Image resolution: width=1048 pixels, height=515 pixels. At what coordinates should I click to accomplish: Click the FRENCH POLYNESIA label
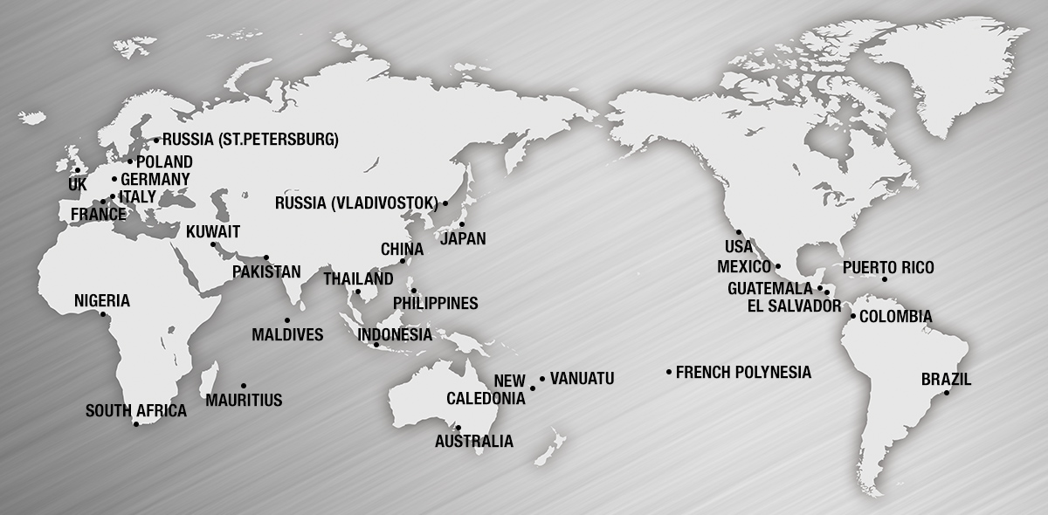pos(743,373)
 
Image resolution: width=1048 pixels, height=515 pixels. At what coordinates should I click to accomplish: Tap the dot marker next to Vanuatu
pos(542,379)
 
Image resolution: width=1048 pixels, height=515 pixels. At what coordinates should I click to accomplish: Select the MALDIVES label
pos(287,334)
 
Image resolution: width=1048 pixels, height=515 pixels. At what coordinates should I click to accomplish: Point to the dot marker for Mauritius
pos(244,385)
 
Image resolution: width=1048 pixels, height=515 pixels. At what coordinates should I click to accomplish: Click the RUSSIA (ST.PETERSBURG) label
pos(251,139)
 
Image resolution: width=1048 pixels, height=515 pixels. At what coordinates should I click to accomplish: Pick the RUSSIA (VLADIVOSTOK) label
pos(355,203)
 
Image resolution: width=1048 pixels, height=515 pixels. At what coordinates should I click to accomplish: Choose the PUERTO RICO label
pos(888,268)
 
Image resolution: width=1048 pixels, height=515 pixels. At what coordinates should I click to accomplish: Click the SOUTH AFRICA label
pos(136,410)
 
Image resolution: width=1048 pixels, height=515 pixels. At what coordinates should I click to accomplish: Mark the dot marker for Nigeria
pos(103,314)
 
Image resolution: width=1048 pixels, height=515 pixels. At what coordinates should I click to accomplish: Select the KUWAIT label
pos(213,232)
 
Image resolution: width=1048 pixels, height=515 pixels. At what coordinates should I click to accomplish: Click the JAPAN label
pos(464,238)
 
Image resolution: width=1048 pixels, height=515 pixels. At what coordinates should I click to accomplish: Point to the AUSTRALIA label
pos(474,442)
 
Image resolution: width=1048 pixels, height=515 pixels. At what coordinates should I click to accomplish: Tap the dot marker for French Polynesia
pos(669,373)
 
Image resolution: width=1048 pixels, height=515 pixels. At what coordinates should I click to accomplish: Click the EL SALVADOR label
pos(795,306)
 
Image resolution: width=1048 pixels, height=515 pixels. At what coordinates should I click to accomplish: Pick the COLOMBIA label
pos(895,316)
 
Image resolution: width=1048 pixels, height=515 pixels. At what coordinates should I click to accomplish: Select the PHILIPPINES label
pos(436,304)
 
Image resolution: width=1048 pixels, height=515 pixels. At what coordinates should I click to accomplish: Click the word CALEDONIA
pos(486,398)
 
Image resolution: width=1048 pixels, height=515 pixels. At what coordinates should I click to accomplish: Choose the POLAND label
pos(164,162)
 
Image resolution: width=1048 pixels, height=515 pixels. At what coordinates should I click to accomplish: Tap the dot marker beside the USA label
pos(739,232)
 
